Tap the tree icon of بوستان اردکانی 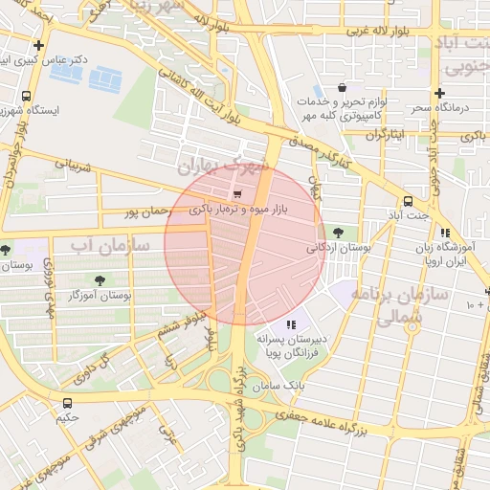tap(337, 232)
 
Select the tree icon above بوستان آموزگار tap(100, 280)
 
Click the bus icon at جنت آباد tap(409, 201)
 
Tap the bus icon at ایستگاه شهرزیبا tap(26, 96)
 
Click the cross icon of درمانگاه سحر tap(439, 94)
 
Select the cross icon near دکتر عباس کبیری tap(38, 45)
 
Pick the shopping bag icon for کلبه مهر tap(343, 88)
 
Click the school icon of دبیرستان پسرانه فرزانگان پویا tap(292, 324)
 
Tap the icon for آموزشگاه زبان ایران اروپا tap(445, 233)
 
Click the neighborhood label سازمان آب tap(110, 245)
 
